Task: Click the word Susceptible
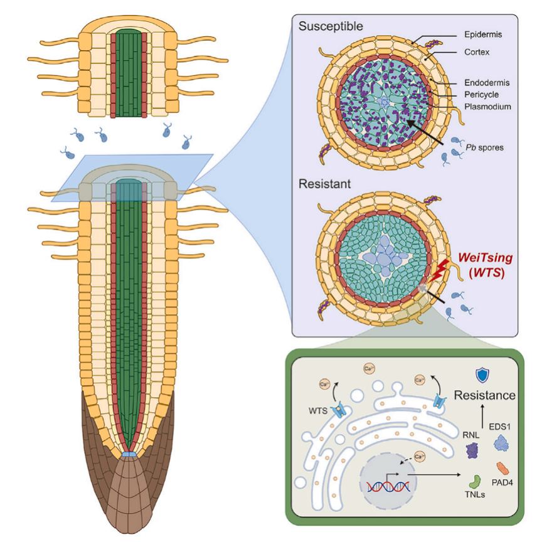tap(331, 27)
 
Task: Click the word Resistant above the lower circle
tap(324, 185)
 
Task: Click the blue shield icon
tap(482, 375)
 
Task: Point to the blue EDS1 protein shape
tap(502, 444)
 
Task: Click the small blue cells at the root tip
tap(129, 453)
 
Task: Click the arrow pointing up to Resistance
tap(482, 415)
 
